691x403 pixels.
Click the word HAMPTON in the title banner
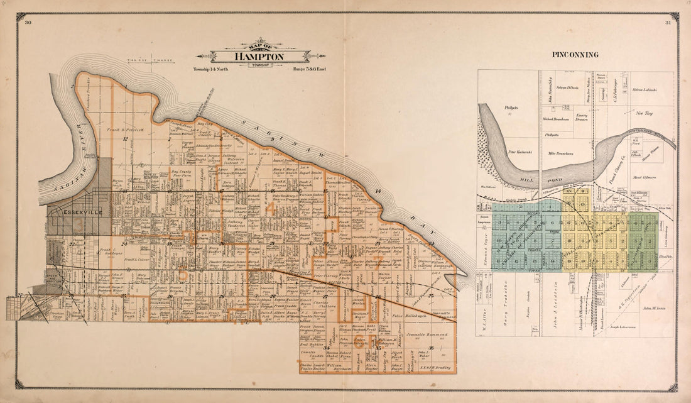259,57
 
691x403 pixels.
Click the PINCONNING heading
575,55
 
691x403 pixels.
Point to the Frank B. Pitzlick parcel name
129,129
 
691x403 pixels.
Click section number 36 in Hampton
431,348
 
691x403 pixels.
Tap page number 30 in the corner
28,23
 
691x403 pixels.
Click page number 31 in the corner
667,23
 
